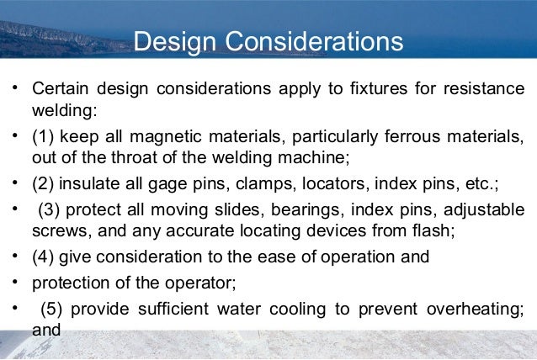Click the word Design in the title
coord(180,41)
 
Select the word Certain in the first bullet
coord(61,88)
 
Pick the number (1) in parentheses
coord(44,136)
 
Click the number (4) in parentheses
coord(44,257)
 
